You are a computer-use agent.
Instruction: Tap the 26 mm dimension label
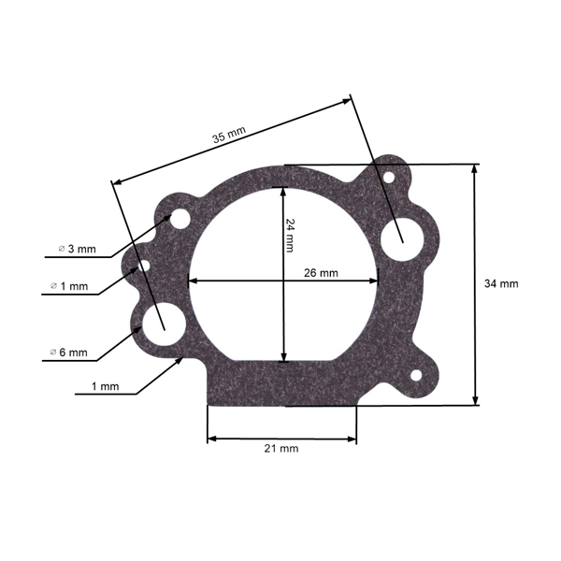322,273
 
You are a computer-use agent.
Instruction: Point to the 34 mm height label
501,283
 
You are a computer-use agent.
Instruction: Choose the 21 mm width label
281,449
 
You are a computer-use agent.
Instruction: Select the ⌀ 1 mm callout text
72,287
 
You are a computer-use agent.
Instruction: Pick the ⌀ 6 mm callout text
72,352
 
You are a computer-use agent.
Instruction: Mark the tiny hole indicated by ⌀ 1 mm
144,266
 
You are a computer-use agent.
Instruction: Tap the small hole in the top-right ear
389,175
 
